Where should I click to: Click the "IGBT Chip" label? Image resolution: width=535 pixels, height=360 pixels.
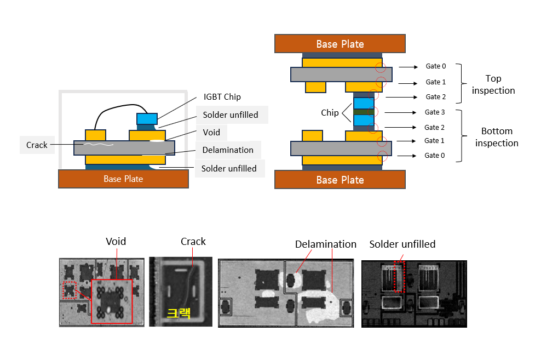pyautogui.click(x=221, y=97)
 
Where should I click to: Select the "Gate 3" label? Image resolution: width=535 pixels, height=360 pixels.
pyautogui.click(x=436, y=112)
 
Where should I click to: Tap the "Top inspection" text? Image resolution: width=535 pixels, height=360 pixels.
pyautogui.click(x=493, y=84)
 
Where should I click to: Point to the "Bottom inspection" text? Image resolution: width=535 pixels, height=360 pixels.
pyautogui.click(x=496, y=137)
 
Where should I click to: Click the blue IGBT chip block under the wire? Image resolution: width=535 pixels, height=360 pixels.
pyautogui.click(x=147, y=118)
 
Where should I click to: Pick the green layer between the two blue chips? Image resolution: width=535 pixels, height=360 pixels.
pyautogui.click(x=364, y=112)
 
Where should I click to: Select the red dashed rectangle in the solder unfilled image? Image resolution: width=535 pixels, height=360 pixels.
pyautogui.click(x=399, y=278)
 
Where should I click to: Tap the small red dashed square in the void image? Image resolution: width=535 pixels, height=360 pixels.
pyautogui.click(x=70, y=290)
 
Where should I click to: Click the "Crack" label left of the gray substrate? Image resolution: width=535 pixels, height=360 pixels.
pyautogui.click(x=37, y=145)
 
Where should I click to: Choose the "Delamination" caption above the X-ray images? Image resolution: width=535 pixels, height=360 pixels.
pyautogui.click(x=325, y=244)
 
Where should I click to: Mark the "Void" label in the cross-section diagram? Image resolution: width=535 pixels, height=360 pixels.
pyautogui.click(x=211, y=132)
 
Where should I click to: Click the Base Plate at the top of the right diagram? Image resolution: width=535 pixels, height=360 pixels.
pyautogui.click(x=340, y=43)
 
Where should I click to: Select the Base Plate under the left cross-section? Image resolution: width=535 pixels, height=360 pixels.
pyautogui.click(x=123, y=179)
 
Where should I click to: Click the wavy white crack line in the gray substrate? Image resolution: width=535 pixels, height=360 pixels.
pyautogui.click(x=98, y=145)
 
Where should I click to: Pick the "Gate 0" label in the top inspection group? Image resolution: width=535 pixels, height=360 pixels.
pyautogui.click(x=436, y=66)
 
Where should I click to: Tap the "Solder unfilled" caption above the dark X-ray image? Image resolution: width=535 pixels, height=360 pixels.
pyautogui.click(x=402, y=244)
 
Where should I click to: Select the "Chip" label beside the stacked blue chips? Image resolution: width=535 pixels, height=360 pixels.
pyautogui.click(x=330, y=113)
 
